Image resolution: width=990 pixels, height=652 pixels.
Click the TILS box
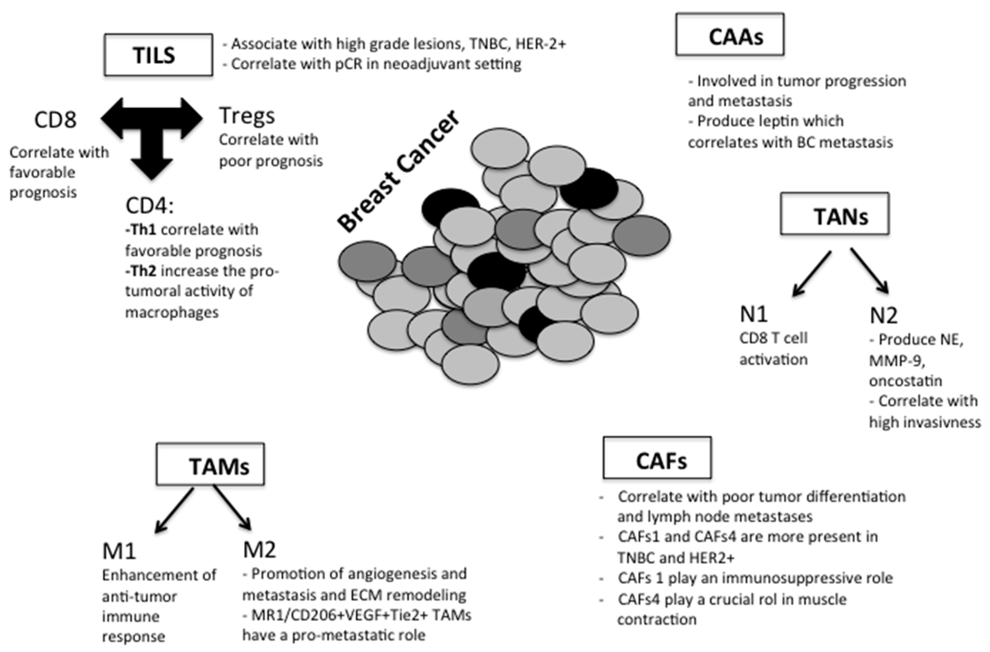[x=158, y=55]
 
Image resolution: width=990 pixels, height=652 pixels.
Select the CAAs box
[x=730, y=34]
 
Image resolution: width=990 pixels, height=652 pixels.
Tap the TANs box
[x=835, y=214]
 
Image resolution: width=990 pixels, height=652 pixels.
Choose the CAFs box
[x=657, y=458]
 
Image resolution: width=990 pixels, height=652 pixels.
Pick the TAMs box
[x=210, y=464]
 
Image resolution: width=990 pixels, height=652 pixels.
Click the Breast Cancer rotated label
[x=399, y=171]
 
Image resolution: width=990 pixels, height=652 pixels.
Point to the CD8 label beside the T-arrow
[x=55, y=120]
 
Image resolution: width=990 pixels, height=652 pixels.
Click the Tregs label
[x=247, y=116]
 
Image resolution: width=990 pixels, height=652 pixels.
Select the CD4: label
[x=149, y=205]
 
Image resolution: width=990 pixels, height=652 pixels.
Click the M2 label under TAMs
[x=259, y=550]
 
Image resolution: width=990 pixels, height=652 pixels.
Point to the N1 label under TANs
[x=753, y=314]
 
